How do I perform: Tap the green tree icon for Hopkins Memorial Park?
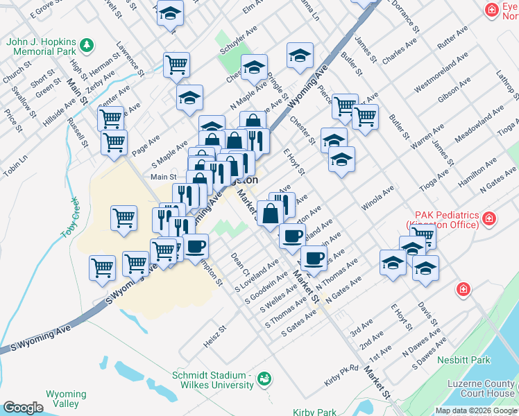click(x=87, y=46)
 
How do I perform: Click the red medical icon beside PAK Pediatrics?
click(x=490, y=219)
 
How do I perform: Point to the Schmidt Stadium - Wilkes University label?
click(x=212, y=380)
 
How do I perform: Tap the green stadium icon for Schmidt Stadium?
click(x=264, y=379)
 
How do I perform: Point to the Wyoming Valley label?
click(x=66, y=399)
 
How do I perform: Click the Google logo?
click(x=23, y=407)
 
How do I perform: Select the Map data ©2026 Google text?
click(x=475, y=410)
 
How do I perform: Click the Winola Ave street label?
click(x=377, y=197)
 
